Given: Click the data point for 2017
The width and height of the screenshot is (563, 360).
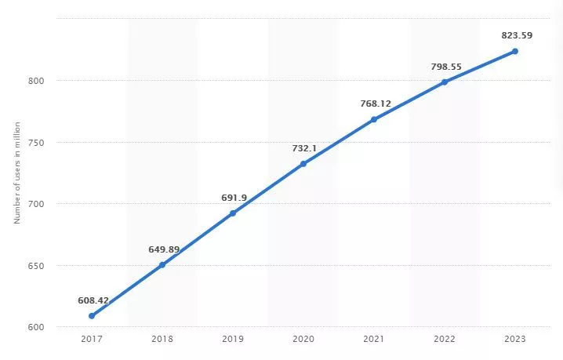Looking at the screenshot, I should (x=92, y=316).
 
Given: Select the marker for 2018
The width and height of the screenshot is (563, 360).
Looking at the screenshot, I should (x=162, y=265).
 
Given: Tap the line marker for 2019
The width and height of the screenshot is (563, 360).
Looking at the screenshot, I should (x=233, y=213).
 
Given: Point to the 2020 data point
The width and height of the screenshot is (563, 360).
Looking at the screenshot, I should (x=303, y=164).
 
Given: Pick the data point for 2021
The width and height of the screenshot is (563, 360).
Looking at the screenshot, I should (x=374, y=119).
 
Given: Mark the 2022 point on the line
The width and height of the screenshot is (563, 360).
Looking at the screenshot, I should (x=445, y=82).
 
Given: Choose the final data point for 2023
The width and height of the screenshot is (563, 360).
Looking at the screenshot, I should (x=515, y=51).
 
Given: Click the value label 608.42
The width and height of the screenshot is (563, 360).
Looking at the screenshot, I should (x=93, y=300).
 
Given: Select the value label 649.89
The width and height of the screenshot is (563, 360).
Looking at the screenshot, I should (x=164, y=249).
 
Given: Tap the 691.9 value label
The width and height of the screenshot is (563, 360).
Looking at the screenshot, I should (x=234, y=197).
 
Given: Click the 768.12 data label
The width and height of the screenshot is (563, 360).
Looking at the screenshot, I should (x=376, y=103).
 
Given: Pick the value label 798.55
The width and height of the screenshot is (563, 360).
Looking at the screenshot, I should (x=446, y=67).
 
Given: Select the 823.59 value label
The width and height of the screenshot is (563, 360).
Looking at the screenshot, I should (x=517, y=35).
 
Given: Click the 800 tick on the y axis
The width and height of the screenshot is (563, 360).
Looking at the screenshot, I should (x=37, y=81).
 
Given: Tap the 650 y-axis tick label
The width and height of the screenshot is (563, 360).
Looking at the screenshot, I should (x=37, y=266).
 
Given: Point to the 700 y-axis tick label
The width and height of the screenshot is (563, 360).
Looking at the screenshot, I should (x=37, y=204).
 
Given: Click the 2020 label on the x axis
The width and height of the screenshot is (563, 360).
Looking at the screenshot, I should (x=303, y=338).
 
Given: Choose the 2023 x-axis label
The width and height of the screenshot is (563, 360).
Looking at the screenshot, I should (x=515, y=338).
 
